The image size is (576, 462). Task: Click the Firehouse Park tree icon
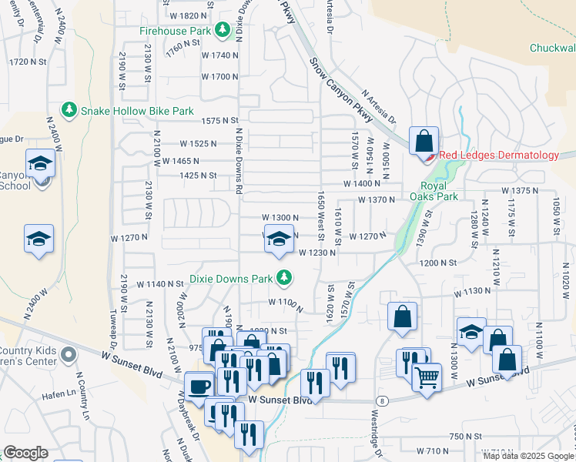223,30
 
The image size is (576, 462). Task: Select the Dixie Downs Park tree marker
285,276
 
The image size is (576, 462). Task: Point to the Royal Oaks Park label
439,191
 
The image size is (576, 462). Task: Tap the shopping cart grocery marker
427,377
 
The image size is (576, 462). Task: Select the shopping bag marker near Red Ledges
424,142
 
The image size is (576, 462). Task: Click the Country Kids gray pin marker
69,355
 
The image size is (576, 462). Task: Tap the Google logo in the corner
25,453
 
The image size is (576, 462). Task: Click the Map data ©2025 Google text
528,456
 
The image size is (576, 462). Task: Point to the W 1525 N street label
206,144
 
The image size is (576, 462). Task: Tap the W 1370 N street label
377,200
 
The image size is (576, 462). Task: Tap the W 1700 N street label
220,77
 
